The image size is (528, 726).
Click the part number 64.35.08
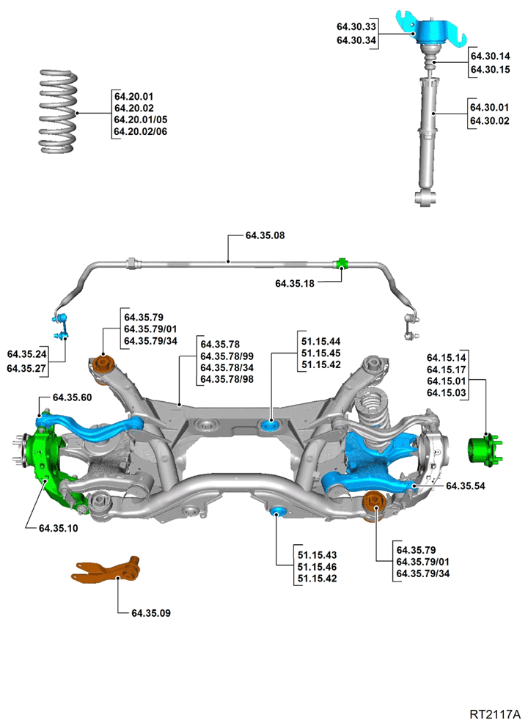(x=265, y=235)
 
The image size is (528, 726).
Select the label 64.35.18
(x=295, y=283)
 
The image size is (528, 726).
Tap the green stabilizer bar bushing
(x=341, y=264)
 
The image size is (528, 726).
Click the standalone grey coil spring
(x=58, y=111)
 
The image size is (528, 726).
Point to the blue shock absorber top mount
(x=430, y=31)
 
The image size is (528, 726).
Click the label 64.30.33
(x=356, y=26)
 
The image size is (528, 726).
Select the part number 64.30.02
(x=490, y=121)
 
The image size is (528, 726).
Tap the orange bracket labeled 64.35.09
(x=106, y=570)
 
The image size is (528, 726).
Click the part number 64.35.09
(x=151, y=613)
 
